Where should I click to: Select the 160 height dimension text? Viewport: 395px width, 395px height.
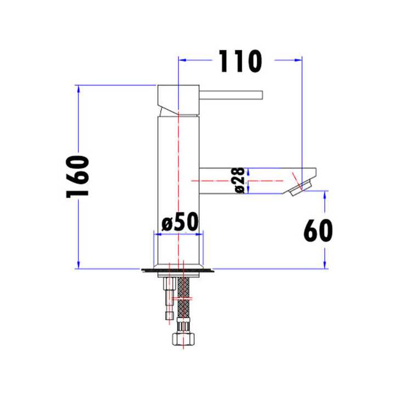coord(78,177)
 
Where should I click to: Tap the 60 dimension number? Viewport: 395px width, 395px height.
coord(318,230)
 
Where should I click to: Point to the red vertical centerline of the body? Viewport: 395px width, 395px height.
coord(178,165)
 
